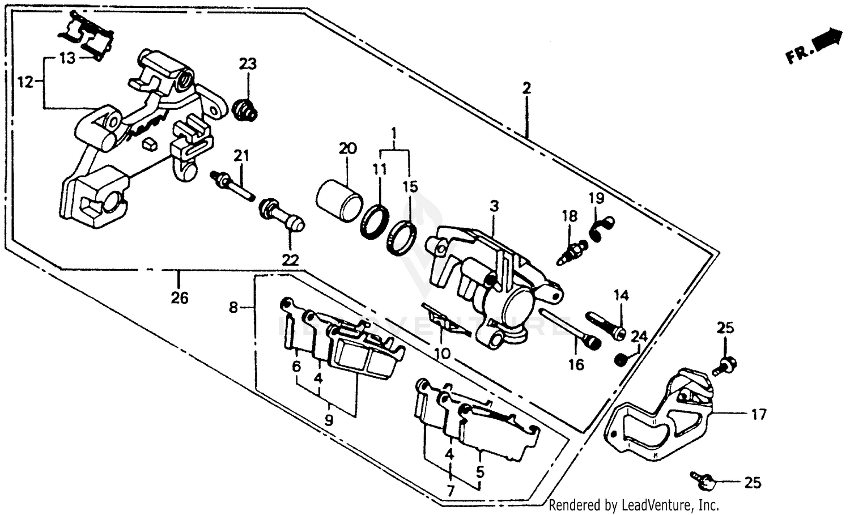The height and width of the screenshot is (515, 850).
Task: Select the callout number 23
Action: (x=247, y=63)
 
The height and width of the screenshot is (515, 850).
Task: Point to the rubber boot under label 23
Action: (x=246, y=110)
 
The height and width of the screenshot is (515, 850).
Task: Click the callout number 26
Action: (x=180, y=297)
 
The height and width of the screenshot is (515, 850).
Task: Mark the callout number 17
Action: (x=759, y=415)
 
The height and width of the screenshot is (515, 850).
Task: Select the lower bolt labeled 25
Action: (x=703, y=480)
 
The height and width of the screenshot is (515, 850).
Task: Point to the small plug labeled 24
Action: (x=621, y=359)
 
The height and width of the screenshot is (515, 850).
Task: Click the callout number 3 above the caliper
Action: (x=494, y=206)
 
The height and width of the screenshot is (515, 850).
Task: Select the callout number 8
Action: (x=233, y=308)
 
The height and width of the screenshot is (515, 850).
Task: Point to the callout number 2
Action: (x=526, y=88)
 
